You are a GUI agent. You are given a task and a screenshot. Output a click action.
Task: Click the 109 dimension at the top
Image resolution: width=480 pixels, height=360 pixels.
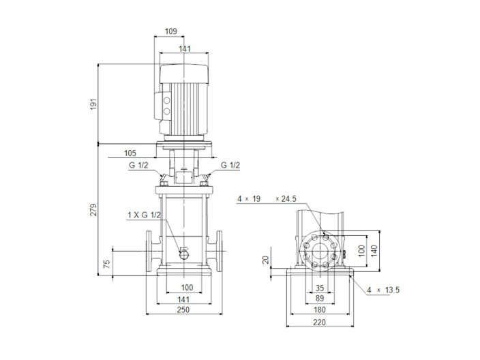click(171, 31)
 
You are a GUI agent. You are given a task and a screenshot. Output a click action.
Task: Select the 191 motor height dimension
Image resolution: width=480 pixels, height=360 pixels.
click(95, 104)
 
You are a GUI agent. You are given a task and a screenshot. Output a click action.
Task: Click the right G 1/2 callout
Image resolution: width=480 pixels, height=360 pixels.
click(230, 165)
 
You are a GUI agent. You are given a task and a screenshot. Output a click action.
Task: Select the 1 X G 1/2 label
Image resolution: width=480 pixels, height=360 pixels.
click(145, 215)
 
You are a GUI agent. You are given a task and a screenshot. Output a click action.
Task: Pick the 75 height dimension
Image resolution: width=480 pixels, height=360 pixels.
click(107, 264)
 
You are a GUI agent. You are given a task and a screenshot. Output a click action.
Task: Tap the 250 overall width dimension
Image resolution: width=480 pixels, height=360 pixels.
click(183, 310)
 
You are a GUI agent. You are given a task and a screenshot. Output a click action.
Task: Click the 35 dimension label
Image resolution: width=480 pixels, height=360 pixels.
click(319, 287)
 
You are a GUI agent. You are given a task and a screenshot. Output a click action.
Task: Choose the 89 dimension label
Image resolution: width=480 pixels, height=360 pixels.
click(319, 298)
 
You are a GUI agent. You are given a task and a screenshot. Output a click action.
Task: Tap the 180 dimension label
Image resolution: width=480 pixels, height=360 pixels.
click(319, 310)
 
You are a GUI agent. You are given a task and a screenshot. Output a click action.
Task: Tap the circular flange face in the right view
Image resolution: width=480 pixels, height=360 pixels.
click(319, 250)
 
